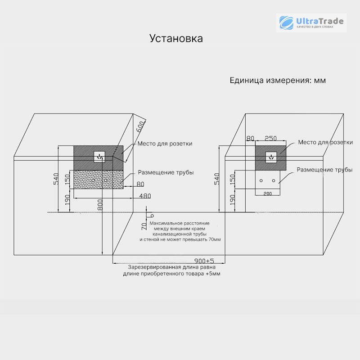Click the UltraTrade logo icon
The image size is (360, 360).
coord(286,23)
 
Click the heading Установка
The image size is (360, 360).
coord(176,38)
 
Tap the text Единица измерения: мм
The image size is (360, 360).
coord(278,81)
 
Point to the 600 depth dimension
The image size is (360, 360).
coord(140,126)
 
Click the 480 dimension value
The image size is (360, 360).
coord(145,196)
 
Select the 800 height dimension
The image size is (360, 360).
coord(100,205)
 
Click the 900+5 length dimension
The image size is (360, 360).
coord(204,261)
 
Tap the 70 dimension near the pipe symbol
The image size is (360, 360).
coord(144,226)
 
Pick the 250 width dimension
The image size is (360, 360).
coord(270,139)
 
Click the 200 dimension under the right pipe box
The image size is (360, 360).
coord(267,194)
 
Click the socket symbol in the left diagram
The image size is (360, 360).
coord(99,157)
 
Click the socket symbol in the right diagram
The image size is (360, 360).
coord(271,157)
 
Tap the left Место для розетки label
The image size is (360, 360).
coord(165,144)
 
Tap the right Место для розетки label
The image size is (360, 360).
coord(325,142)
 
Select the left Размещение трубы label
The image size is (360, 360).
coord(166,172)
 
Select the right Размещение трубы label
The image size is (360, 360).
coord(324,170)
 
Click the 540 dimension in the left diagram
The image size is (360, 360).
coord(56,179)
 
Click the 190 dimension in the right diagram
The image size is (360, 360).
coord(233,200)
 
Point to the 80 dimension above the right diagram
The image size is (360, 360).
coord(250,139)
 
